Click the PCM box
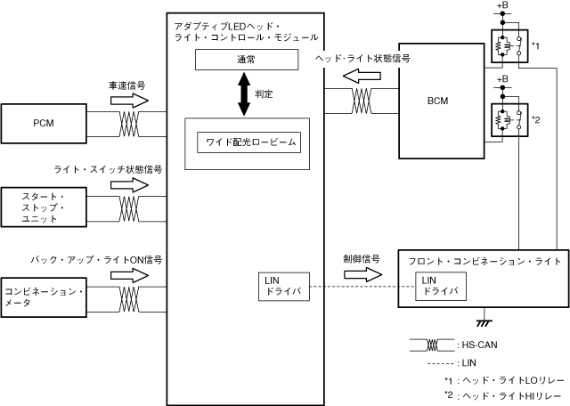tap(44, 122)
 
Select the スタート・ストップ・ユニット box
tap(44, 207)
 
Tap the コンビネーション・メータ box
tap(44, 296)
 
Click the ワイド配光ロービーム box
tap(247, 142)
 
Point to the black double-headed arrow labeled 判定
tap(244, 93)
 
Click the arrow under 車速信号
tap(131, 101)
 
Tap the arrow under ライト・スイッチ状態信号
tap(131, 185)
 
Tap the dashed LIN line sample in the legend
tap(430, 362)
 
